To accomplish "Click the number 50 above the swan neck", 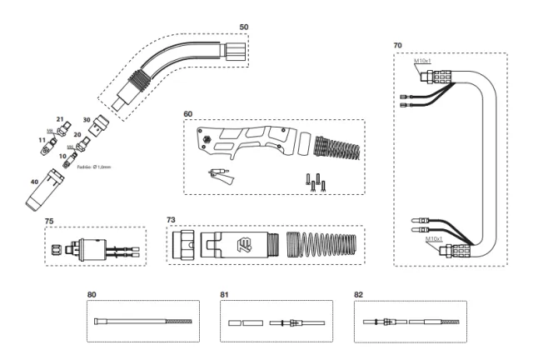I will (x=243, y=27).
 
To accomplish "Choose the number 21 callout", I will (x=59, y=120).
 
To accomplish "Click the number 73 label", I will (x=171, y=219).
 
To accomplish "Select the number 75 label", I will (x=49, y=222).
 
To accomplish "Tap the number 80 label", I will (x=92, y=294).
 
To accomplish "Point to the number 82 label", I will (x=359, y=294).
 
